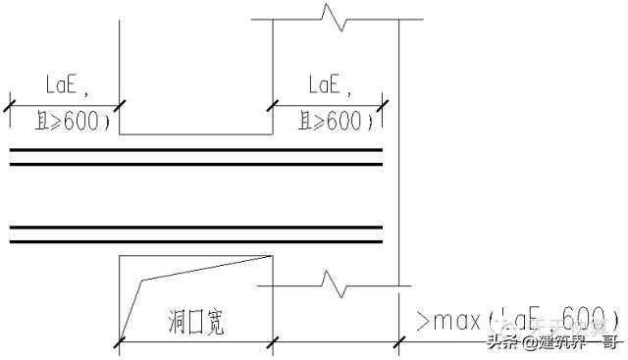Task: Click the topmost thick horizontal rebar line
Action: tap(196, 150)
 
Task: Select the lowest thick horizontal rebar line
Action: tap(196, 241)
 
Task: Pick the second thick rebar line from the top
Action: tap(196, 164)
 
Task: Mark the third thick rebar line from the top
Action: tap(196, 228)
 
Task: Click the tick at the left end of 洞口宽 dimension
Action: tap(120, 341)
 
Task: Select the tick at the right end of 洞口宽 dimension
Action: tap(273, 341)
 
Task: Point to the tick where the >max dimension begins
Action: tap(399, 341)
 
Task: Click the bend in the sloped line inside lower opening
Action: tap(143, 281)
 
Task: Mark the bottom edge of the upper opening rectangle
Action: tap(196, 134)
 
